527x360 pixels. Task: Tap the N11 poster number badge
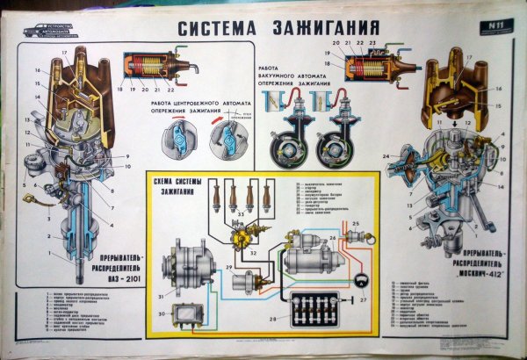coord(481,28)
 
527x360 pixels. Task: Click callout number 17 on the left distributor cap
coord(63,54)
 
